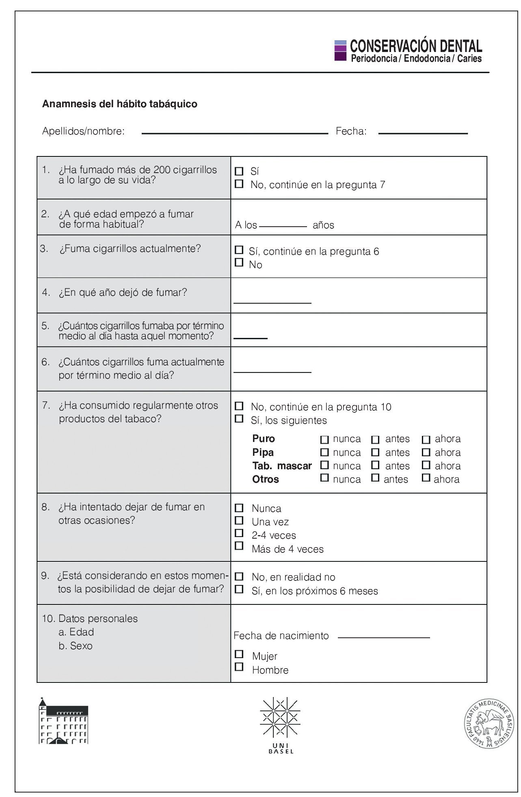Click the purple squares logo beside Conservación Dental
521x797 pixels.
[x=340, y=50]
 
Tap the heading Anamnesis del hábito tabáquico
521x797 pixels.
[x=120, y=104]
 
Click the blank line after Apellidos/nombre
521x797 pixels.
[x=235, y=133]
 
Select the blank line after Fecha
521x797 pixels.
[x=423, y=133]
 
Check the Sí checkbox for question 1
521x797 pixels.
[x=239, y=171]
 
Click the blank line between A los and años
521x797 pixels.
[x=283, y=226]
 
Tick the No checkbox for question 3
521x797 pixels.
[x=239, y=262]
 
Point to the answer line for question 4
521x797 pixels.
[x=272, y=303]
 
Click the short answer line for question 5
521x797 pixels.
[x=251, y=338]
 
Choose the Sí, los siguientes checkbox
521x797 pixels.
[x=239, y=418]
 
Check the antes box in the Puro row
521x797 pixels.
[x=376, y=440]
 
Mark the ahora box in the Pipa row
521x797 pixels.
[x=426, y=452]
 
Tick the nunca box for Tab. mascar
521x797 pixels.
[x=324, y=465]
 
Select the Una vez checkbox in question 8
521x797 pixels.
[x=239, y=520]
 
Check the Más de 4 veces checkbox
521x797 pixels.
[x=239, y=546]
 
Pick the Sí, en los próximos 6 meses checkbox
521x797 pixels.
[x=239, y=589]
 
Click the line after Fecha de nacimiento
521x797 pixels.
[x=384, y=637]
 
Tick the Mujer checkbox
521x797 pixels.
[x=239, y=654]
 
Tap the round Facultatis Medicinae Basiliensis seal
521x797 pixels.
[x=489, y=724]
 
